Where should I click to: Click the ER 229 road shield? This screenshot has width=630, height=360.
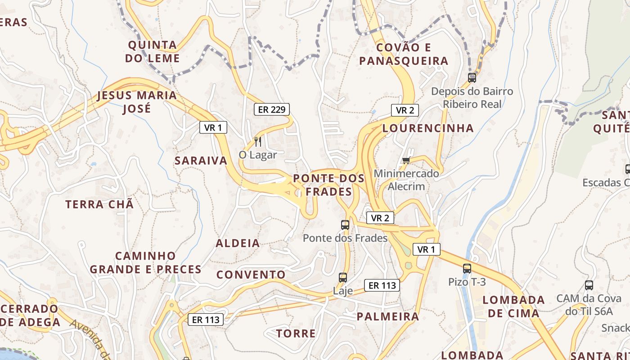(272, 109)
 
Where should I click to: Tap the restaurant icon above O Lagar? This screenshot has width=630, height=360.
(258, 142)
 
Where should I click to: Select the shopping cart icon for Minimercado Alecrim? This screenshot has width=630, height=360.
(406, 160)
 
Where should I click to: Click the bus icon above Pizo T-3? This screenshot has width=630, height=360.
(467, 269)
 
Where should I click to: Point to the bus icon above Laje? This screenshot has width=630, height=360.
(343, 278)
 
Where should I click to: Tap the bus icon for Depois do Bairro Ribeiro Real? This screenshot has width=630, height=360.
(472, 77)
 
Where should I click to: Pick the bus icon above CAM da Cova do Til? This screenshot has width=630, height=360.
(589, 285)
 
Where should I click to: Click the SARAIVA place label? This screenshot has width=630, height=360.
(201, 161)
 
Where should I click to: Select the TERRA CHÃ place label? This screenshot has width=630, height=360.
(99, 204)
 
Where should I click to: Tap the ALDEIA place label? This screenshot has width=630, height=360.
(238, 243)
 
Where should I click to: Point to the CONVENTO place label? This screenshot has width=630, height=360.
(251, 274)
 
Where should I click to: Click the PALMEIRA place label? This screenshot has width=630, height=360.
(388, 316)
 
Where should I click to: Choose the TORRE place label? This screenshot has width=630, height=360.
(296, 333)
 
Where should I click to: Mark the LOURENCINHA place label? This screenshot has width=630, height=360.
(428, 128)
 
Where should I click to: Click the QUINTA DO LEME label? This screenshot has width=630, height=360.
(153, 52)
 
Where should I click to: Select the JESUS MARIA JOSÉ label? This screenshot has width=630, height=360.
(137, 102)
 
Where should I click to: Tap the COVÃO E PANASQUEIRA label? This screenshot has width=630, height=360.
(404, 54)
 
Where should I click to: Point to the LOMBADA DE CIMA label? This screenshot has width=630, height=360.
(513, 306)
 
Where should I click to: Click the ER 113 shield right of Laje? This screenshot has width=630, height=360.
(382, 285)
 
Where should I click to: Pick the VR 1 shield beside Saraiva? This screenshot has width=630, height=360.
(213, 128)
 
